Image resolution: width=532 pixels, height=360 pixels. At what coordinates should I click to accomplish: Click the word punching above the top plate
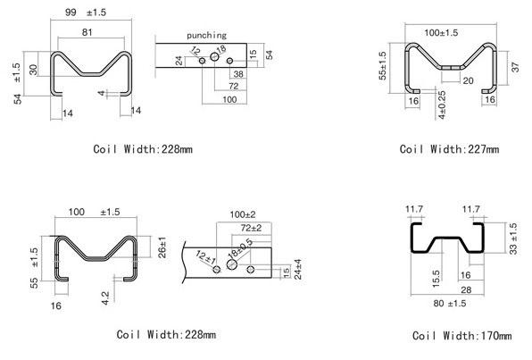tap(206, 36)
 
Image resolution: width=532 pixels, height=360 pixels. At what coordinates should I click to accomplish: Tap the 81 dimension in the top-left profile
tap(87, 32)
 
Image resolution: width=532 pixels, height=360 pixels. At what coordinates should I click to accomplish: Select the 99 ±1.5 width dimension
tap(86, 13)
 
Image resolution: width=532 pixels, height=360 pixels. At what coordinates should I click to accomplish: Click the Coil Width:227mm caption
tap(449, 149)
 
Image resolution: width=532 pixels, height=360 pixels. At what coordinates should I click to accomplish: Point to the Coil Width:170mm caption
tap(461, 336)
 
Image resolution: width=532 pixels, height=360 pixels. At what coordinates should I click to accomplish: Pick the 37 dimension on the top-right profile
tap(515, 67)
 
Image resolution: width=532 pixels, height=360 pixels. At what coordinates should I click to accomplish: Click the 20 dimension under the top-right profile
tap(468, 80)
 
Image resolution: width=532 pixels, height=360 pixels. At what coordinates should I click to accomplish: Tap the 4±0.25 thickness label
tap(442, 105)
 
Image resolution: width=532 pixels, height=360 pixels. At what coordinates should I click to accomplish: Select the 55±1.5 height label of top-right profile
tap(383, 66)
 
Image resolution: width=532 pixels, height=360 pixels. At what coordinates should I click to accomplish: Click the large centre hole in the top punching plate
tap(214, 56)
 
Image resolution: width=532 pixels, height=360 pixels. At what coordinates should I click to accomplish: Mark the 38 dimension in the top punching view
tap(238, 74)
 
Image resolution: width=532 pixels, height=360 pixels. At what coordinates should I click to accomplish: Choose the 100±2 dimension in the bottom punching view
tap(243, 214)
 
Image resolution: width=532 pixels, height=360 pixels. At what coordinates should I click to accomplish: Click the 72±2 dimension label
tap(251, 228)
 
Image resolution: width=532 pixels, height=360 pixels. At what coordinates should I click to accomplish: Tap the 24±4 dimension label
tap(297, 269)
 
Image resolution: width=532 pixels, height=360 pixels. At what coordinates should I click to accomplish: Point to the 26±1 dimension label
tap(162, 247)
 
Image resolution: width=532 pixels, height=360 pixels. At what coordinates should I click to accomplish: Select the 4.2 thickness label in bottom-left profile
tap(105, 298)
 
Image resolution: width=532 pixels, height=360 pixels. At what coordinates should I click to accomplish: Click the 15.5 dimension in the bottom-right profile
tap(436, 279)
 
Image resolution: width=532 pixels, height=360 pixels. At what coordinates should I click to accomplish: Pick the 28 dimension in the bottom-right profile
tap(466, 289)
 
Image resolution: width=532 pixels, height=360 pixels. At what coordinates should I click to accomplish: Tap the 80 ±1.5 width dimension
tap(450, 304)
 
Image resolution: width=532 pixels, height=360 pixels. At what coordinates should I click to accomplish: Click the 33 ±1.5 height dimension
tap(513, 239)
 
